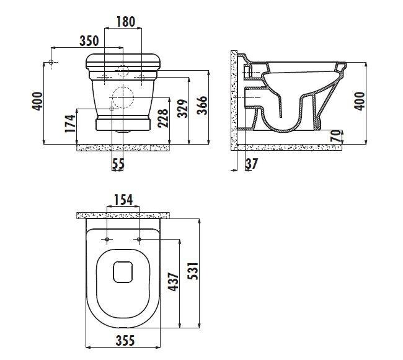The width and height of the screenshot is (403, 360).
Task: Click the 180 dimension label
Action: click(x=126, y=22)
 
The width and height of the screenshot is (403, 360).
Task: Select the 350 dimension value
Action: click(x=89, y=41)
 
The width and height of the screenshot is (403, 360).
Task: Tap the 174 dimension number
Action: click(x=70, y=124)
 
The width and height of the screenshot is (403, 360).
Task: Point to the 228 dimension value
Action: click(x=163, y=119)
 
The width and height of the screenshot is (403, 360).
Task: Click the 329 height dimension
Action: click(x=183, y=109)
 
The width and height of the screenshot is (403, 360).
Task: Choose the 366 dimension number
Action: click(x=202, y=105)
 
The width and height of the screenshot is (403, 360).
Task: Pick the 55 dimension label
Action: click(x=118, y=164)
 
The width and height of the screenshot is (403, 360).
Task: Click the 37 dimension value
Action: click(x=252, y=164)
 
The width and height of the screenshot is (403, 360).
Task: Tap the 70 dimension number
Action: click(x=337, y=136)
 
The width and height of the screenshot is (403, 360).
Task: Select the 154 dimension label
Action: click(x=123, y=200)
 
